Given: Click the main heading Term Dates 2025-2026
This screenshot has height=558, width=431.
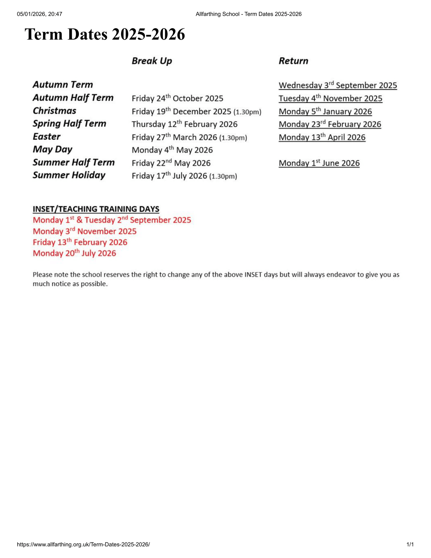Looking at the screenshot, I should pos(105,34).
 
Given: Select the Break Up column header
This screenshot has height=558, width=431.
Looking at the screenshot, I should pos(152,61).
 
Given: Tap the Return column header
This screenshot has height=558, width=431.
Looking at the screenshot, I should pos(293,61).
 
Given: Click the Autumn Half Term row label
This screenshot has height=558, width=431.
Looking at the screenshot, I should pos(73,98).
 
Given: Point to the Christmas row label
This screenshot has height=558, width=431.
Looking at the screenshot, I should pos(54,111).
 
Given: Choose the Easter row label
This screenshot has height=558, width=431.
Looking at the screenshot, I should pos(46,137).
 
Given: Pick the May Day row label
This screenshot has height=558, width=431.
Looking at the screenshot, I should pos(52,149).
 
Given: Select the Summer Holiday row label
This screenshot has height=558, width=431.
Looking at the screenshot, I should pos(69,175).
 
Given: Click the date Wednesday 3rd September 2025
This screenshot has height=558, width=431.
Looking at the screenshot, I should pos(338,85).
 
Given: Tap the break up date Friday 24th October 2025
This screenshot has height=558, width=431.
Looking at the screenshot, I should pos(177,98).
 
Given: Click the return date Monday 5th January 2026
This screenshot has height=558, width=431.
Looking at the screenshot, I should pos(325,111).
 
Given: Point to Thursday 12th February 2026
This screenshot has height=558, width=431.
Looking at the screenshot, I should pos(185,124).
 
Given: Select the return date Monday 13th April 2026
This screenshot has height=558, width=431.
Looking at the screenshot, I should pos(322,137).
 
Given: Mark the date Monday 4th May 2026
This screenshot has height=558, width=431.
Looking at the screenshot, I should pos(172,150).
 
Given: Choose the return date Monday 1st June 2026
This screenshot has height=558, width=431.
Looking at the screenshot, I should pos(319,163).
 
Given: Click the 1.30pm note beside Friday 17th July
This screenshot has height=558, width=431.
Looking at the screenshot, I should pos(223,176).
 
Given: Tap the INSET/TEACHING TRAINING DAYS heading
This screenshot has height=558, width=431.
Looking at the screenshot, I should pos(96,209).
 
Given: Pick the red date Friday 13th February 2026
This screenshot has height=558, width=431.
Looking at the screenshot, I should pos(80,242).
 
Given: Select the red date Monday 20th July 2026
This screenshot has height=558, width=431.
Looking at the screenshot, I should pos(74,253).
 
